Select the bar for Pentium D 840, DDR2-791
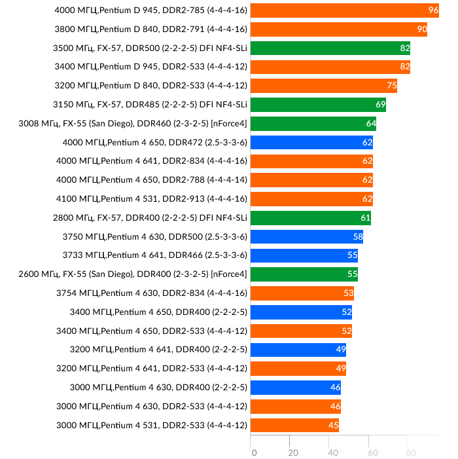click(339, 29)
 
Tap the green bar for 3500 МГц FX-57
click(330, 48)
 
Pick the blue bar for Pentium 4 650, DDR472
click(311, 142)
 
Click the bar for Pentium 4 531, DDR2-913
click(311, 199)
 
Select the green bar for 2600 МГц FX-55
click(304, 274)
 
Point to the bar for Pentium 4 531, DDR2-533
click(294, 426)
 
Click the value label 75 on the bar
click(392, 86)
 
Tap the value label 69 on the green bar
click(380, 105)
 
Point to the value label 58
click(358, 236)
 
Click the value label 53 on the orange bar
click(348, 293)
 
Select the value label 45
click(333, 426)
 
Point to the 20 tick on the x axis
click(293, 452)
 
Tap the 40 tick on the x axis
click(332, 452)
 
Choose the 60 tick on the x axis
click(372, 452)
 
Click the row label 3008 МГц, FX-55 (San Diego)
click(133, 123)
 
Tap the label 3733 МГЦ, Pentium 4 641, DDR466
click(155, 255)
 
